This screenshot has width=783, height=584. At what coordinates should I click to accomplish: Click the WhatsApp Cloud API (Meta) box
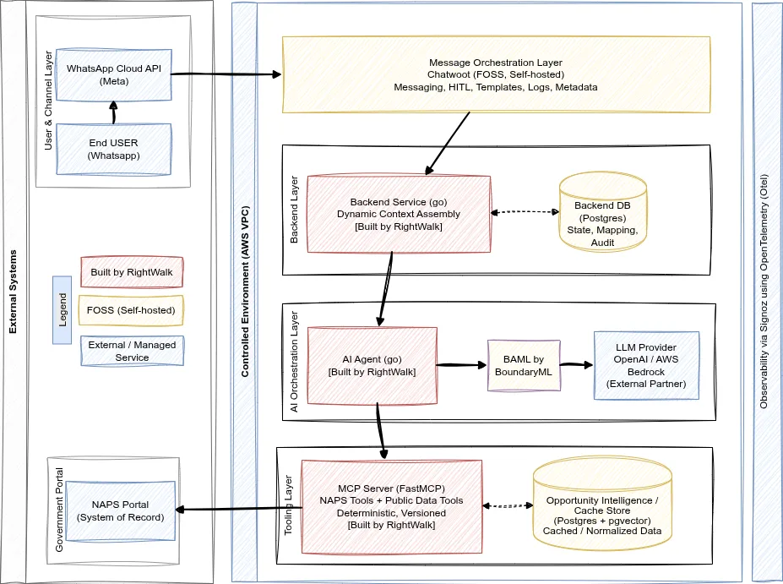click(x=113, y=74)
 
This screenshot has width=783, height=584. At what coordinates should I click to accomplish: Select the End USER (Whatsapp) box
click(x=113, y=150)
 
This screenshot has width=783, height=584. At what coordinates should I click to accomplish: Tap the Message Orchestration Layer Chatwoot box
click(x=495, y=74)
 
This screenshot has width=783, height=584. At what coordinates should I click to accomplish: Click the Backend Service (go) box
click(x=399, y=214)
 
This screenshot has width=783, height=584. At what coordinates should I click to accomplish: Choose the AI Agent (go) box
click(x=372, y=365)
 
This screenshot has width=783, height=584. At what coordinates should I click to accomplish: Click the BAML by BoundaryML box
click(x=524, y=365)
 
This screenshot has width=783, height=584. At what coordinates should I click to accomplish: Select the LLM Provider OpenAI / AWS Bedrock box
click(x=647, y=365)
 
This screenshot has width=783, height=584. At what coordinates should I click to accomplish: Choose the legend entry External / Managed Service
click(x=132, y=351)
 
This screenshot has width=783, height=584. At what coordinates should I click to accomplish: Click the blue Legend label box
click(x=62, y=310)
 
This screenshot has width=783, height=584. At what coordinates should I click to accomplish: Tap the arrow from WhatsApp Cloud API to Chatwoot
click(x=226, y=74)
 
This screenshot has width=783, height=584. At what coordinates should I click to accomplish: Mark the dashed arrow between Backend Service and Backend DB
click(x=525, y=212)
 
